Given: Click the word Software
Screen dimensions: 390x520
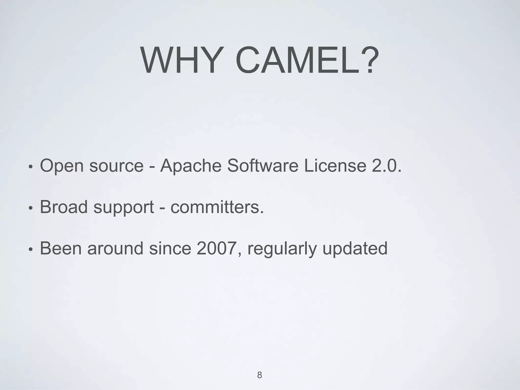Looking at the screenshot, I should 263,166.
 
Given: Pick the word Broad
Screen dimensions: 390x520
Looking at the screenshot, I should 64,207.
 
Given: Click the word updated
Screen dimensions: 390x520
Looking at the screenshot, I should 355,249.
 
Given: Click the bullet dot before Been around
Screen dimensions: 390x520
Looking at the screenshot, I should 30,250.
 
